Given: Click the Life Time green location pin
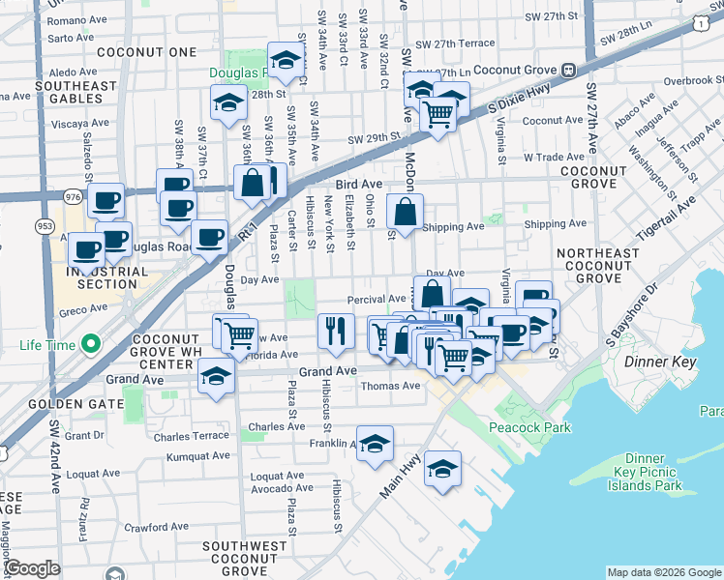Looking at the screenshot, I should [x=90, y=344].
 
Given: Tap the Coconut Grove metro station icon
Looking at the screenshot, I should [x=569, y=70].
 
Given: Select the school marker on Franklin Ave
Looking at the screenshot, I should [x=375, y=444].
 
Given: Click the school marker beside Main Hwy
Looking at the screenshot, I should [x=442, y=469].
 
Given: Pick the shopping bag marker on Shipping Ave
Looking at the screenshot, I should [x=406, y=212].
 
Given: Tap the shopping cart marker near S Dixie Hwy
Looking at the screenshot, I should [x=438, y=115].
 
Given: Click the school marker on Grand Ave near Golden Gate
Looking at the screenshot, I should [x=216, y=376].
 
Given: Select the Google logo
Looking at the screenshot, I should [x=33, y=568].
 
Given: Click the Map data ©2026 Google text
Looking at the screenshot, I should [x=662, y=571].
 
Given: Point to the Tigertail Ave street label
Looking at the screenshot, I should [x=667, y=219].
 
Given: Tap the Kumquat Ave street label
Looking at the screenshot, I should [x=198, y=455].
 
